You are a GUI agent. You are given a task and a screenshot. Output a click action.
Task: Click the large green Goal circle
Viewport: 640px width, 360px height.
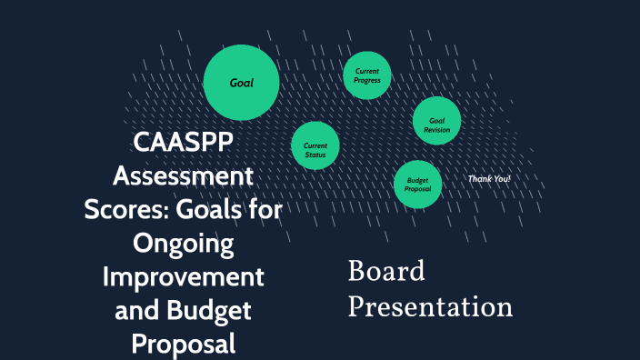[x=240, y=83]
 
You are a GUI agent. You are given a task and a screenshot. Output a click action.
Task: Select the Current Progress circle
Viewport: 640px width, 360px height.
[x=367, y=76]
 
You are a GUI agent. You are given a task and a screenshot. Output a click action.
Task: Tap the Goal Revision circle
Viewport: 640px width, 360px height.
[x=436, y=124]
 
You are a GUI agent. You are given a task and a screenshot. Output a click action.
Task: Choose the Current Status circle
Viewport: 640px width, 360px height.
[x=315, y=149]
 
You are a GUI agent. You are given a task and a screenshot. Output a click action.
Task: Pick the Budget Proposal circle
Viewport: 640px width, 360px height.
[x=418, y=185]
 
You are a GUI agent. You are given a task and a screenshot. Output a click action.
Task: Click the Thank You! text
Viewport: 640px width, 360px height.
[x=489, y=179]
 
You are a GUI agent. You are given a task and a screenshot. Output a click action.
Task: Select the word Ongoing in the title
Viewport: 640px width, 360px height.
[x=183, y=244]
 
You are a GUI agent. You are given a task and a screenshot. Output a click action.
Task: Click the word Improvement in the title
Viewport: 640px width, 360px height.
[x=183, y=277]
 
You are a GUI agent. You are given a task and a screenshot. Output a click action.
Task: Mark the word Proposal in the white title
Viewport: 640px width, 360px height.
[x=183, y=344]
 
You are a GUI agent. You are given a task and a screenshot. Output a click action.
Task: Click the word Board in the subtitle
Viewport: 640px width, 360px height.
[x=386, y=272]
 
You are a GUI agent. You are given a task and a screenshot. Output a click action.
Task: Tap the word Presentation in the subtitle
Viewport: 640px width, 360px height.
[x=430, y=306]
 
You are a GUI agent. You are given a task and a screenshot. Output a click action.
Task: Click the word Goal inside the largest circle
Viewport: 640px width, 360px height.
[x=241, y=83]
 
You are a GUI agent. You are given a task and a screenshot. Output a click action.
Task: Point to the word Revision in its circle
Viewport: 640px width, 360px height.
[x=436, y=130]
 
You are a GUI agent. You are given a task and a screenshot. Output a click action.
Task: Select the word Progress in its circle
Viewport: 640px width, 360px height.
[x=367, y=81]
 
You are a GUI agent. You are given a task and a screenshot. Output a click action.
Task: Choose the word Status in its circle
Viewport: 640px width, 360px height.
[x=315, y=155]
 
